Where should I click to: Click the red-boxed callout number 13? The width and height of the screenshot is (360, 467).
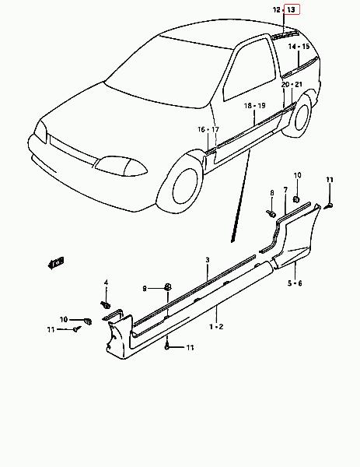pos(292,10)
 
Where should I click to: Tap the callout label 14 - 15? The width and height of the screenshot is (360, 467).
pos(299,47)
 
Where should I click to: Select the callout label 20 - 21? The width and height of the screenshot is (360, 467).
pos(292,85)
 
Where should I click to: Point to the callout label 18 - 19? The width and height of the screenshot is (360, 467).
pos(255,106)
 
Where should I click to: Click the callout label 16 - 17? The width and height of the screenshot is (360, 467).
pos(208,129)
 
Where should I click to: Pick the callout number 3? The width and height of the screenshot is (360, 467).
pos(208,260)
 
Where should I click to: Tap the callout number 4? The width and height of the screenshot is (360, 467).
pos(107,283)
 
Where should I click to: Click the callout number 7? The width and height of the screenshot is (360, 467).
pos(285,190)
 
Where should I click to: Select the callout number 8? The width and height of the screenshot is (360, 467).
pos(272,193)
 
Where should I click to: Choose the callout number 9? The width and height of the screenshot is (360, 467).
pos(145,288)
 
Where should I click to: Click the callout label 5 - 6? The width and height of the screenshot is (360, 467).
pos(295,283)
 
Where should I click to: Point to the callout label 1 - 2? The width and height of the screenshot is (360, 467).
pos(216,327)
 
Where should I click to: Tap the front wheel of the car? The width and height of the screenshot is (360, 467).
pos(184,187)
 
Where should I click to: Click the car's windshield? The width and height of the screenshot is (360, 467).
pos(166,73)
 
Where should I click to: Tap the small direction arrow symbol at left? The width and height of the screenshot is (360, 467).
pos(56,262)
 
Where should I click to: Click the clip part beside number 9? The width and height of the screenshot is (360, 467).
pos(168,287)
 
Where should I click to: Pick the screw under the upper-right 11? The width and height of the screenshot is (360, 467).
pos(328,205)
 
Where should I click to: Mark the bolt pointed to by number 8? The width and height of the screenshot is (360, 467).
pos(271,213)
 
